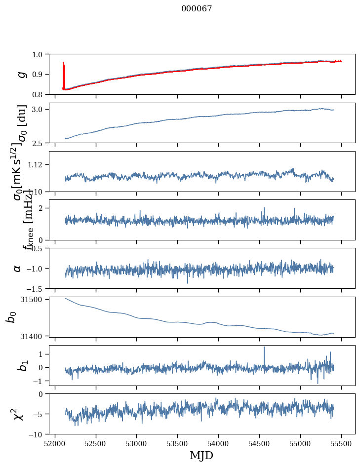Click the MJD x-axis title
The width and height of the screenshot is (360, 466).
[201, 455]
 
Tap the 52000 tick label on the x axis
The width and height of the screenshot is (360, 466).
[55, 444]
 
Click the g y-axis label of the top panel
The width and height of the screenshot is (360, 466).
[21, 74]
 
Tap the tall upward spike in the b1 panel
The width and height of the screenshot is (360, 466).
[264, 349]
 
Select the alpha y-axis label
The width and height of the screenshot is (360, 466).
[18, 268]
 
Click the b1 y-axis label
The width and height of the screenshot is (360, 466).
[20, 365]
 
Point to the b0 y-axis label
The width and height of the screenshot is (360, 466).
[11, 316]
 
